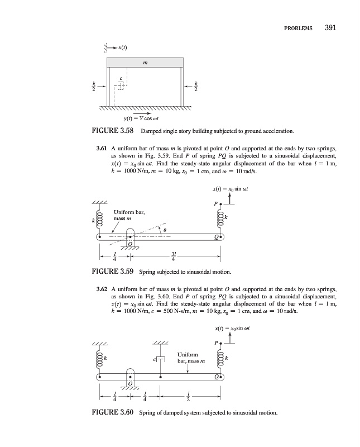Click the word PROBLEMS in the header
pos(298,28)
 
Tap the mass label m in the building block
pos(145,63)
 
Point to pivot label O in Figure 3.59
pos(130,244)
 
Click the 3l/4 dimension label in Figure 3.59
pos(175,256)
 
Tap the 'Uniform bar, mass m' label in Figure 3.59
pos(129,215)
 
